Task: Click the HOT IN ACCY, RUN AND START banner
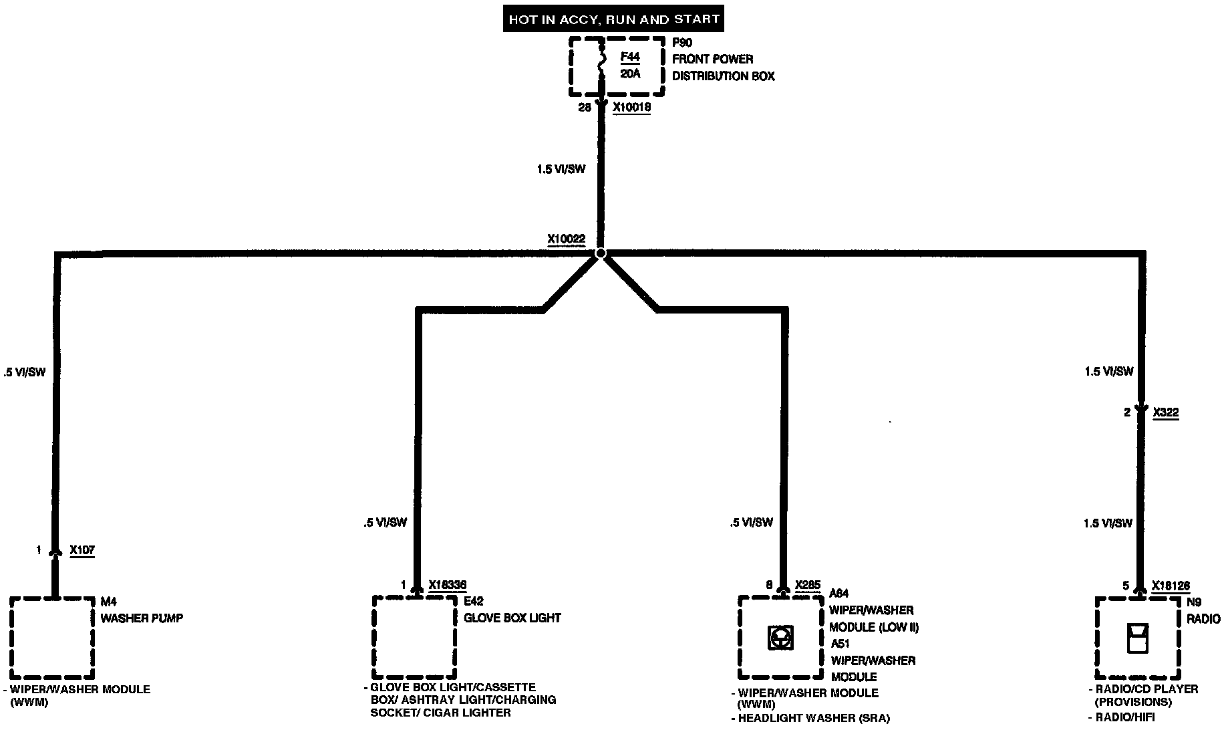[613, 19]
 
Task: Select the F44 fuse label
[629, 57]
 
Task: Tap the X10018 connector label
[631, 107]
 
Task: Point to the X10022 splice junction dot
[601, 253]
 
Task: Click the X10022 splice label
[566, 239]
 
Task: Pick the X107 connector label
[82, 551]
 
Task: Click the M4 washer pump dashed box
[51, 637]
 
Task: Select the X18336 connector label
[447, 586]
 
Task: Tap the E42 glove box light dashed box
[414, 637]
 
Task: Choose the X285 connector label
[807, 586]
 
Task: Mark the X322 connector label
[1166, 413]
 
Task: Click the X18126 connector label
[1171, 586]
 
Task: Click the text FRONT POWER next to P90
[712, 59]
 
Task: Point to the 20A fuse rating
[629, 74]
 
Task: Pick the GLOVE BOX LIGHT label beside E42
[512, 618]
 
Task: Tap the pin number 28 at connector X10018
[585, 107]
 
